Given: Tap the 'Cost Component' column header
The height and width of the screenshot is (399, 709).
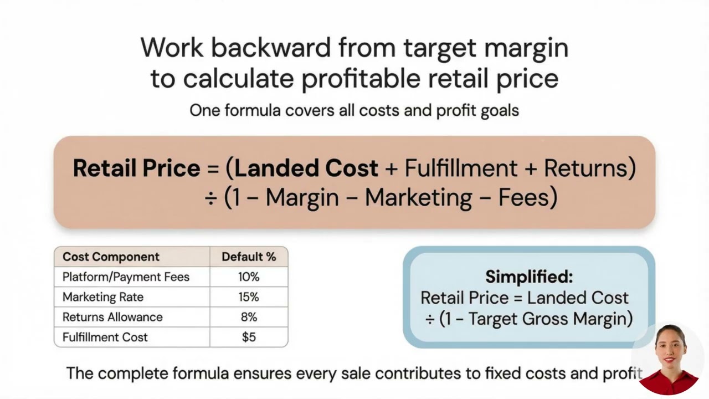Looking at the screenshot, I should [111, 257].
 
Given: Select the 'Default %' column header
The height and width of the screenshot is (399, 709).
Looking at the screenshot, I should [249, 257].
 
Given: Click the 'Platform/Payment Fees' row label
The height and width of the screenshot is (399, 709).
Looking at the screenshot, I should [126, 277].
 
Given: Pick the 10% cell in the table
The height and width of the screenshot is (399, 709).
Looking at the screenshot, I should [249, 277].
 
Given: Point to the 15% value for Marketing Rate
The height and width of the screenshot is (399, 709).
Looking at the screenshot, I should [249, 297].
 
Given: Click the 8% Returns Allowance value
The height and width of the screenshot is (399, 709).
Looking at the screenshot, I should [249, 317].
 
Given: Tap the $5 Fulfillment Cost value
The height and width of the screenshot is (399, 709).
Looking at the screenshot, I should [249, 337].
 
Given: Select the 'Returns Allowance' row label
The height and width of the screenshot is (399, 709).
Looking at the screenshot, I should [112, 317].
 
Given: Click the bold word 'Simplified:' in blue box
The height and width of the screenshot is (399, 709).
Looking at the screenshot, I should [529, 276].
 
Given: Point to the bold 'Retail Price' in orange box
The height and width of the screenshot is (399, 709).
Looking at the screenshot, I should [136, 168].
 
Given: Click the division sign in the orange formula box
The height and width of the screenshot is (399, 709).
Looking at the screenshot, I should [210, 198].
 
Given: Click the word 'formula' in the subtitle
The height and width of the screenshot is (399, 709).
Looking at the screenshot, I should [253, 110].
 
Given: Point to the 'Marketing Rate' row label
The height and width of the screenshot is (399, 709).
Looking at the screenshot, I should [103, 297].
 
